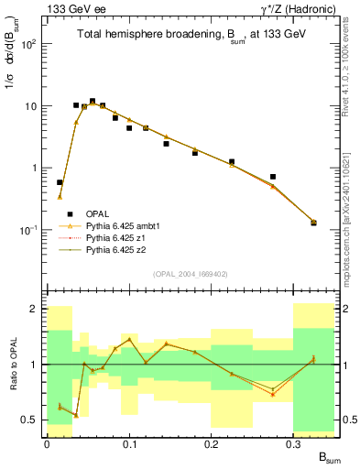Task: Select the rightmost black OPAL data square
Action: pyautogui.click(x=313, y=223)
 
